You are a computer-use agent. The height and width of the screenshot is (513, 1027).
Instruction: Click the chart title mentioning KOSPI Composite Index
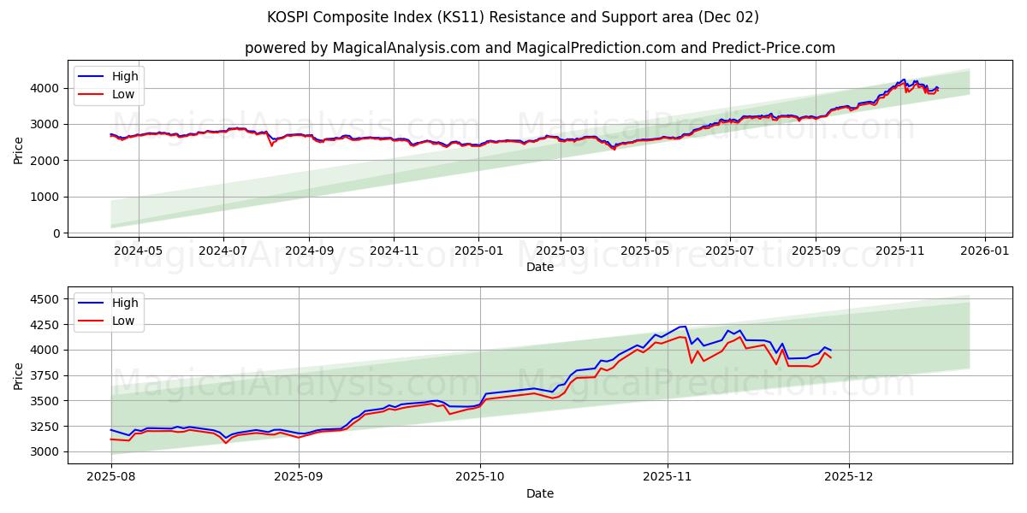pyautogui.click(x=513, y=17)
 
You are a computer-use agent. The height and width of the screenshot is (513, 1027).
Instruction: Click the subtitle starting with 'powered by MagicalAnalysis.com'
pyautogui.click(x=539, y=48)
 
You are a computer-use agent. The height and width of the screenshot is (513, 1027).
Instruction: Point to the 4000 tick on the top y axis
pyautogui.click(x=47, y=88)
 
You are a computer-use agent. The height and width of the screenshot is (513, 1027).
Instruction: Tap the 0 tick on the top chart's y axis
pyautogui.click(x=56, y=233)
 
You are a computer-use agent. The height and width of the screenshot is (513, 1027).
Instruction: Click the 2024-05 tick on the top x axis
pyautogui.click(x=138, y=251)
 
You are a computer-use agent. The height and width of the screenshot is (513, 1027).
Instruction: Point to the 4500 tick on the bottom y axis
pyautogui.click(x=47, y=299)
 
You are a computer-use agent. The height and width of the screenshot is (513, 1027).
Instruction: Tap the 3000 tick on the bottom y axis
pyautogui.click(x=47, y=451)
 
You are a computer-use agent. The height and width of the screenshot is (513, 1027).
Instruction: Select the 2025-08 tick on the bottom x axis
pyautogui.click(x=111, y=478)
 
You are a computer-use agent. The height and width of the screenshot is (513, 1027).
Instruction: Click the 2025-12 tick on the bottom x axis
pyautogui.click(x=848, y=478)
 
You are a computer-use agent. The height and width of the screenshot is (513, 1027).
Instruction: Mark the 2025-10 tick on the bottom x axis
pyautogui.click(x=480, y=478)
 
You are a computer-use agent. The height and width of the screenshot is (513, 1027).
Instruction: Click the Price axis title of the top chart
pyautogui.click(x=19, y=150)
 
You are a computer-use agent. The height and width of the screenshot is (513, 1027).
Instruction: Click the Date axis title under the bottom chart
pyautogui.click(x=539, y=493)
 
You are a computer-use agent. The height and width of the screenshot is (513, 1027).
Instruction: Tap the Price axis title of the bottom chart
pyautogui.click(x=19, y=375)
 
